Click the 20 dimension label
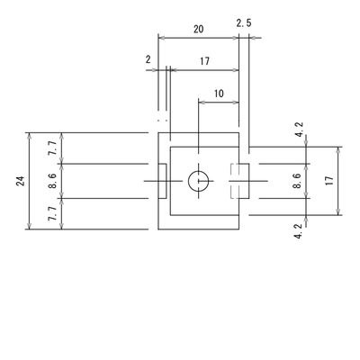tap(198, 29)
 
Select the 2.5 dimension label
tap(244, 23)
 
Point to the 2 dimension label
tap(148, 59)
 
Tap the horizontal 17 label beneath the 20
tap(204, 61)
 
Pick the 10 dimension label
tap(219, 94)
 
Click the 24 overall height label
tap(21, 181)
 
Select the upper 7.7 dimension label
tap(52, 148)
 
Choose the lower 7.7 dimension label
tap(52, 213)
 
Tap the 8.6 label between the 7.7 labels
tap(52, 181)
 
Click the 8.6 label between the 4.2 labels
tap(297, 181)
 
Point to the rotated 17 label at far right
tap(329, 180)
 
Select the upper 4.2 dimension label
tap(299, 130)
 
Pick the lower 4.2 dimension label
tap(298, 231)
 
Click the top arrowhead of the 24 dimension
tap(29, 136)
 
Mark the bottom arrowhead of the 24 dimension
tap(29, 226)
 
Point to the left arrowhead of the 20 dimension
tap(162, 38)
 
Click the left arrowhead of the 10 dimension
tap(202, 103)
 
